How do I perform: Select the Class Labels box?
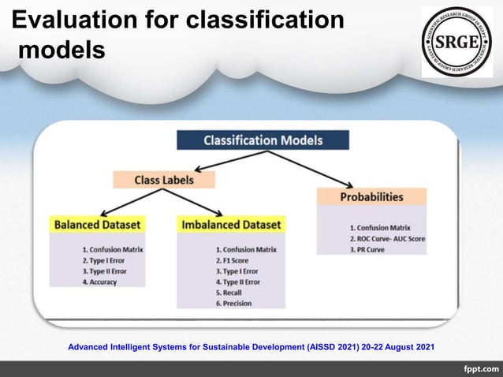163,180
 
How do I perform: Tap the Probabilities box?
371,196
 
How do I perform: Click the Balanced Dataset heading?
92,225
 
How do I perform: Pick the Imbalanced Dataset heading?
230,225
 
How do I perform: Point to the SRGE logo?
457,41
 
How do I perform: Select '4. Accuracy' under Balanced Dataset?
99,282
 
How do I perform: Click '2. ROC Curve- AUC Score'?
386,238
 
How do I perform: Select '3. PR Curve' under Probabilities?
368,248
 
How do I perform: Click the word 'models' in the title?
61,50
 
